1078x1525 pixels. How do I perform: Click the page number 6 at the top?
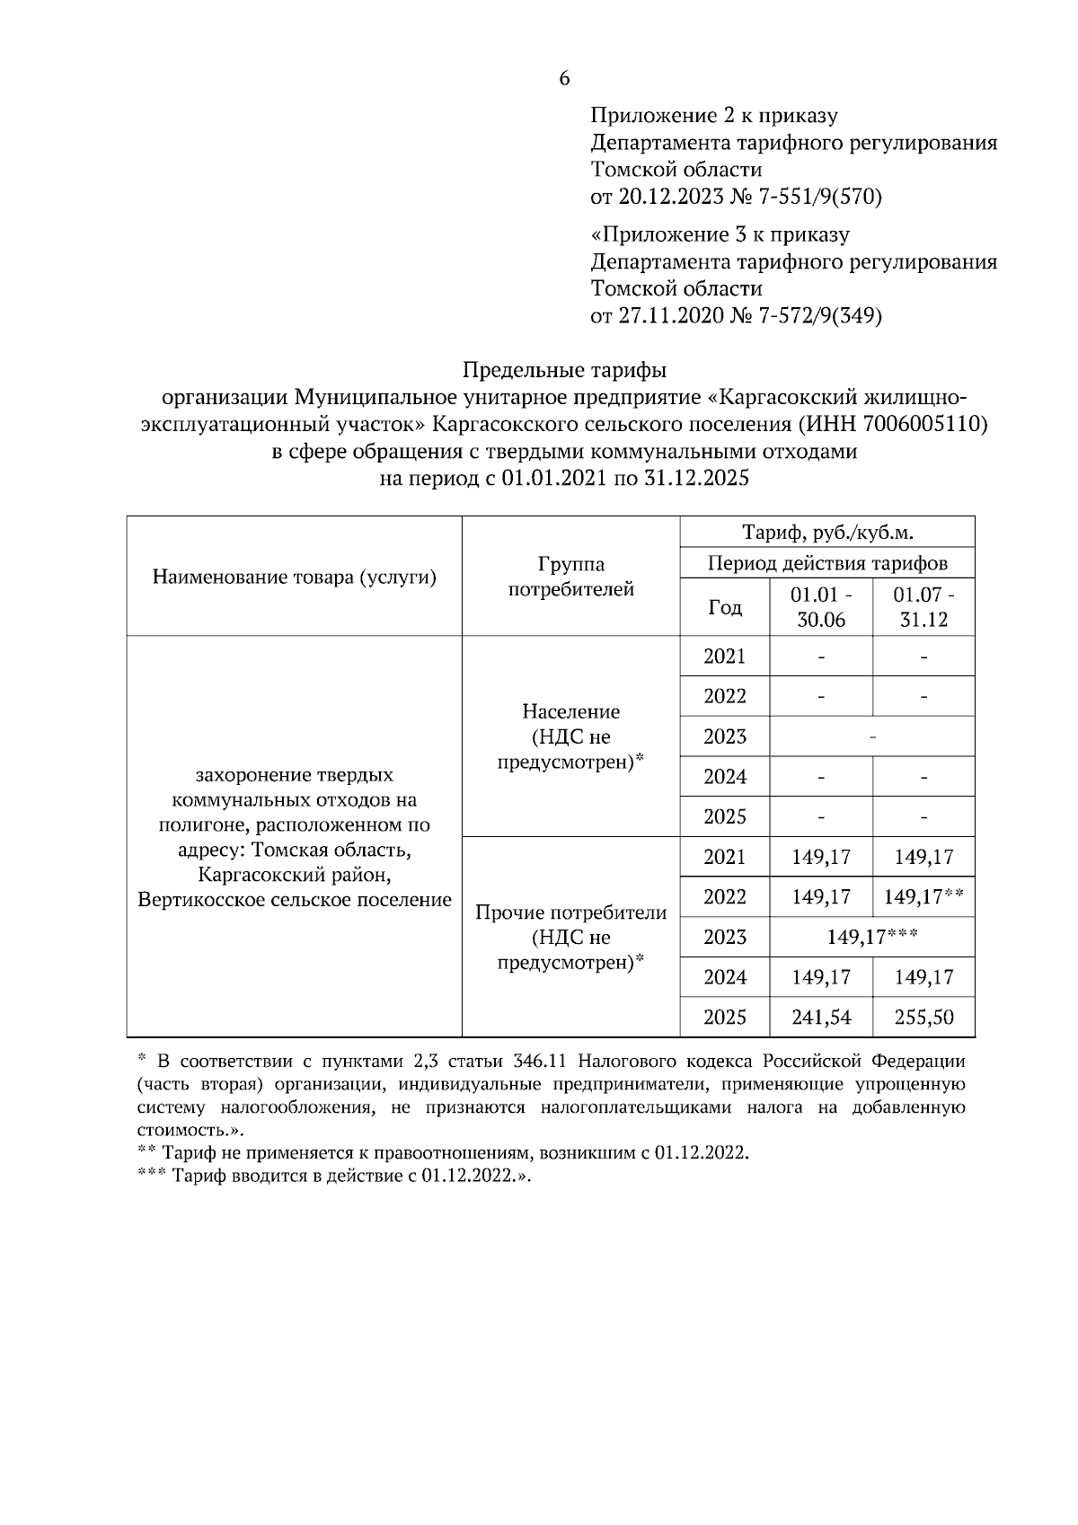pos(564,79)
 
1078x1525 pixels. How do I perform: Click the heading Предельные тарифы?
pos(564,369)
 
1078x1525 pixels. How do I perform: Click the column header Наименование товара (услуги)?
pos(294,577)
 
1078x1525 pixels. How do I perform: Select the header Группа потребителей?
pos(570,577)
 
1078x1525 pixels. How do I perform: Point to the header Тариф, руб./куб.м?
pos(827,533)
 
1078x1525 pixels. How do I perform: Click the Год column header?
pos(725,608)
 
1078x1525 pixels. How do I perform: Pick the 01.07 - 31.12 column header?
pos(923,607)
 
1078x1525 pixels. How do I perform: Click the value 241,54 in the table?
pos(821,1018)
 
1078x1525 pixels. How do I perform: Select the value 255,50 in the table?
pos(923,1018)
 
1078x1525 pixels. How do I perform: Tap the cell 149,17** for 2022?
pos(923,896)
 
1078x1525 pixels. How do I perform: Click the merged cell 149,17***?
pos(871,937)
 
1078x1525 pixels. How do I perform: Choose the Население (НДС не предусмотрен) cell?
pos(570,736)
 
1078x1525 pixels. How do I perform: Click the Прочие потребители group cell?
pos(570,937)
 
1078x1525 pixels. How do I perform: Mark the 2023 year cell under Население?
pos(725,736)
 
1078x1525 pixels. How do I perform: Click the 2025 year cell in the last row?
pos(725,1018)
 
